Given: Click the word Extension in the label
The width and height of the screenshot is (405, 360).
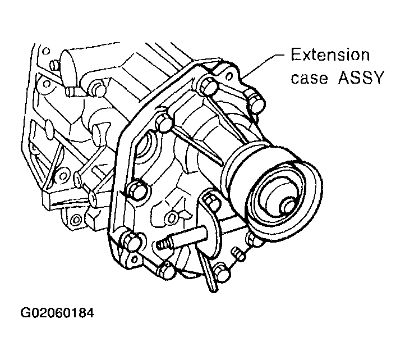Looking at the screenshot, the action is (330, 55).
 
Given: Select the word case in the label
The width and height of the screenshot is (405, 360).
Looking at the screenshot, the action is (310, 78).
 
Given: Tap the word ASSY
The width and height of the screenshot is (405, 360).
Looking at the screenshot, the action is (360, 78).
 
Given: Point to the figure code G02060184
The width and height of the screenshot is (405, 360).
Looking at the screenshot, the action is (57, 313).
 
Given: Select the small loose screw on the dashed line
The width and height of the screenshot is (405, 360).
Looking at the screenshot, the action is (239, 254).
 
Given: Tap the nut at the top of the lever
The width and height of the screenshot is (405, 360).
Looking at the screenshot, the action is (211, 199).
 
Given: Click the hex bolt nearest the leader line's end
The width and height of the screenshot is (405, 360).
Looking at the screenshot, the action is (256, 102).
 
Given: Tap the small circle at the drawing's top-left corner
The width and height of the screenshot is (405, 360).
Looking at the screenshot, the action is (46, 51).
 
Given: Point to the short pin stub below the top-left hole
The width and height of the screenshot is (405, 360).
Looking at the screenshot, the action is (54, 65).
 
